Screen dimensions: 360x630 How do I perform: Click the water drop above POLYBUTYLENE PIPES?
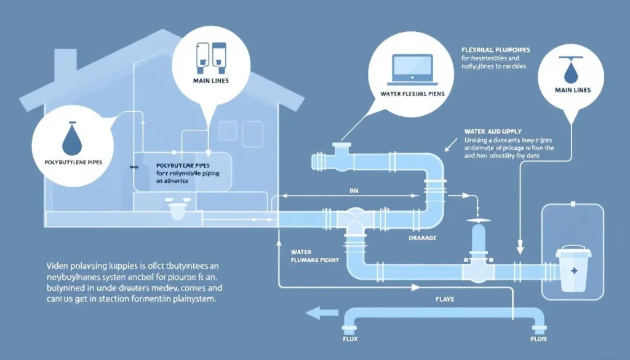[70, 140]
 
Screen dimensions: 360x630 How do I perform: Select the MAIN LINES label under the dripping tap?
[572, 90]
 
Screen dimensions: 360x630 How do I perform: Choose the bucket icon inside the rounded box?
[571, 269]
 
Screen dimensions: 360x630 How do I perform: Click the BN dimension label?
[354, 192]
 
